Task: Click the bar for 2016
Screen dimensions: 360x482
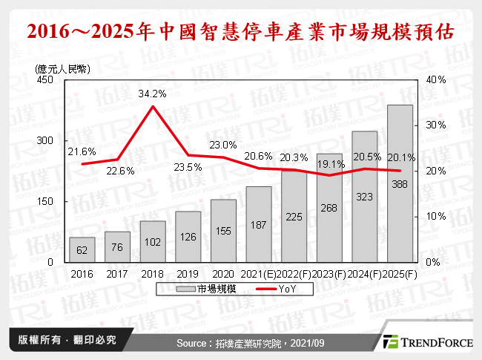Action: [82, 249]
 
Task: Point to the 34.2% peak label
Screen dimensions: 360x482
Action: [152, 94]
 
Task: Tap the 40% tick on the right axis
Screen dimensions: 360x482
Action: [435, 80]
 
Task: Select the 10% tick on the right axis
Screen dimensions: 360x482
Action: [435, 217]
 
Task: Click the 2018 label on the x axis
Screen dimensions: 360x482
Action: [152, 274]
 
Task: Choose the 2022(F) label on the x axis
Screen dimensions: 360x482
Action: [294, 274]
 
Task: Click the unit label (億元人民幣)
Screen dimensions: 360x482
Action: [62, 68]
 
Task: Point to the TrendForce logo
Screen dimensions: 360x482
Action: [426, 342]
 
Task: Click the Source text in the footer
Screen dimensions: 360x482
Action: [240, 343]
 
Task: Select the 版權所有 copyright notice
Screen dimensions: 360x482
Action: [62, 341]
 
